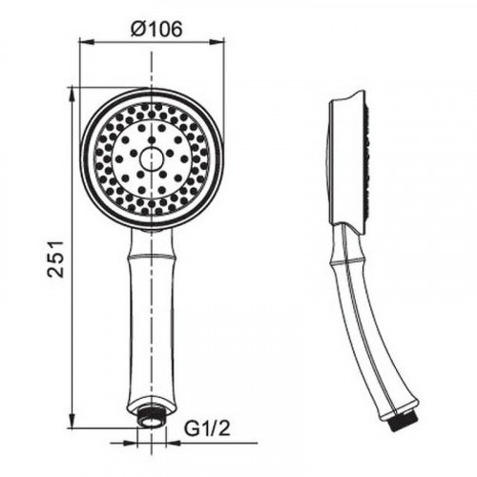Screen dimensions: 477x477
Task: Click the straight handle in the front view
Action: coord(151,315)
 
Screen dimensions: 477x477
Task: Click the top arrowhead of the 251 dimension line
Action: coord(73,94)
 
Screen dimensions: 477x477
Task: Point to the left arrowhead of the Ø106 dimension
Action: coord(82,41)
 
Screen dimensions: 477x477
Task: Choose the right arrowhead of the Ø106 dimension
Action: coord(220,41)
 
